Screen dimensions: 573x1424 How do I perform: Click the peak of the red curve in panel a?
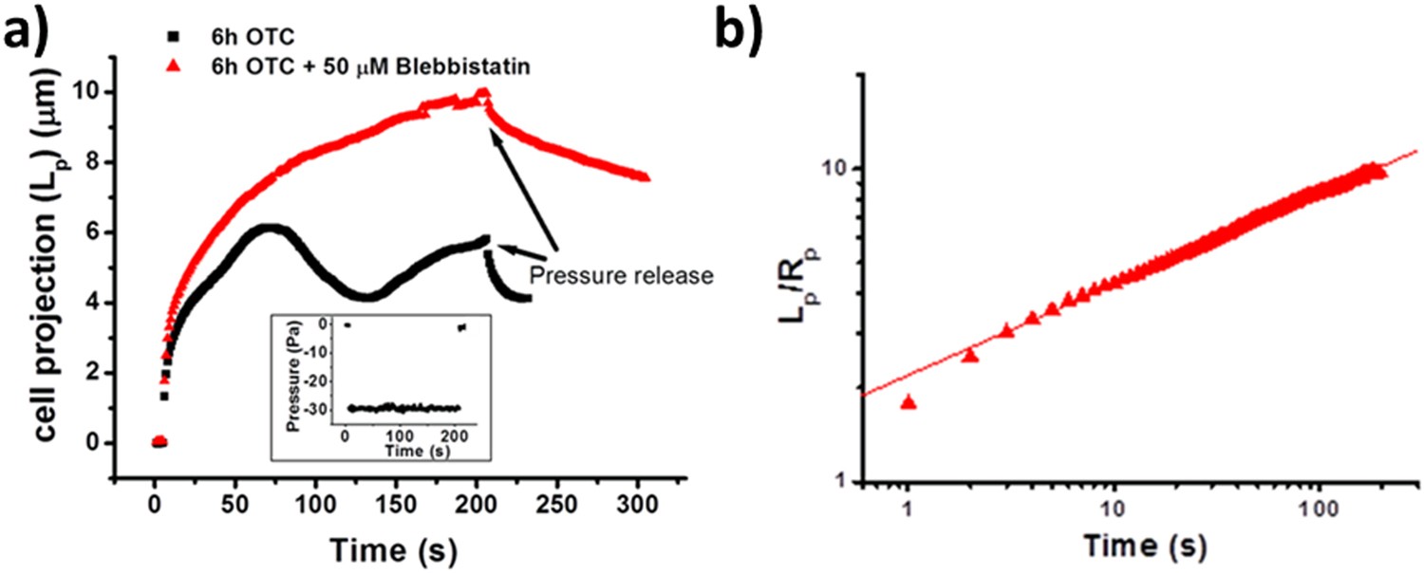483,94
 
